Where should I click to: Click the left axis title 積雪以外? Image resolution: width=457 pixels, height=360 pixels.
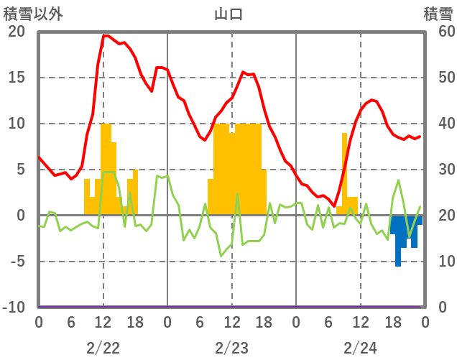click(x=28, y=14)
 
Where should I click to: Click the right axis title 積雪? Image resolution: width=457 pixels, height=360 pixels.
click(x=438, y=14)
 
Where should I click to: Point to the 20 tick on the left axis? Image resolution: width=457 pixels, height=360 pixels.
click(x=17, y=32)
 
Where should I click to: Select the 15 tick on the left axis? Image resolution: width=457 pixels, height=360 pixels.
click(x=17, y=78)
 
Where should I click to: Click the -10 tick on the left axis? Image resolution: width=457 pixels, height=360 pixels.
click(x=14, y=308)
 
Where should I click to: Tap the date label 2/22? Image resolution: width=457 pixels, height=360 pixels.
click(x=103, y=349)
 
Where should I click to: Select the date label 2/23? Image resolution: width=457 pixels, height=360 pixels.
click(x=231, y=349)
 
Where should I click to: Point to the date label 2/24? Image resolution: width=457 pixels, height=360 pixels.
click(x=360, y=349)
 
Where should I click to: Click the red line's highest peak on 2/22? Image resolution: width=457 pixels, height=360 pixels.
click(x=105, y=35)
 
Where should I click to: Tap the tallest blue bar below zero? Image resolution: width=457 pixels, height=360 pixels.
click(x=398, y=244)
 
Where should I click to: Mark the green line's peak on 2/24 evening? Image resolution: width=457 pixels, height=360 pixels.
click(x=398, y=180)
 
